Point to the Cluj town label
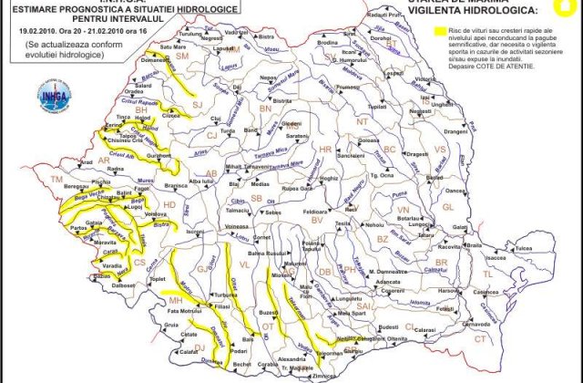(x=216, y=119)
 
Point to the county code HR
(x=325, y=148)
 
